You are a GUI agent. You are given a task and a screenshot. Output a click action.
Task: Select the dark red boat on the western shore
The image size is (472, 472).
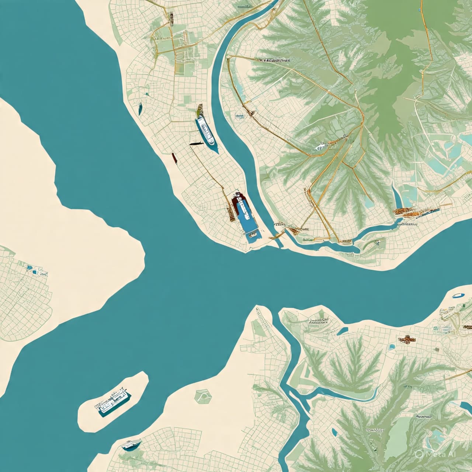(174, 158)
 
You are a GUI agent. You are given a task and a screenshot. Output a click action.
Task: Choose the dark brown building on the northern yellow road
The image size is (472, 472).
(170, 16)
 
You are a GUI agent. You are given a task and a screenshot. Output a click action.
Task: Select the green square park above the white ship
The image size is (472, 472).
(187, 99)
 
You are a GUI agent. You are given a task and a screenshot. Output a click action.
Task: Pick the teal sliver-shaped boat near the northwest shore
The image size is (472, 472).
(140, 108)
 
